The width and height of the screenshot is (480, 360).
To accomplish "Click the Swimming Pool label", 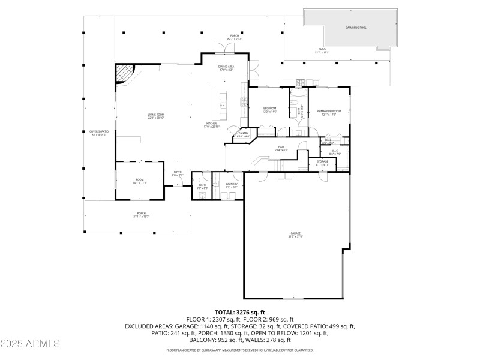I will point(352,28).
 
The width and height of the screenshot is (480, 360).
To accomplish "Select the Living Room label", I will point(157,116).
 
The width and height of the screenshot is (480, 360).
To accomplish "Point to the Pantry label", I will point(244,134).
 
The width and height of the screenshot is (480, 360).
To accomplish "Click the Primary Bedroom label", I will point(329,112).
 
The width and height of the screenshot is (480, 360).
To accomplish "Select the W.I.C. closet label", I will point(335,152).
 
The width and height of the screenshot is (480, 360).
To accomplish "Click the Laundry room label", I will point(232,185).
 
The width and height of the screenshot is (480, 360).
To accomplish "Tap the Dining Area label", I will point(226,68).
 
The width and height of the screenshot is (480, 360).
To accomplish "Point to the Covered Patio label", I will point(100,133).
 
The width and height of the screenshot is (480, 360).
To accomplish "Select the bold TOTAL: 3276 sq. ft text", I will point(240,313).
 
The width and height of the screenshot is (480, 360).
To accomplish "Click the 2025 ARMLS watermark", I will point(30,344).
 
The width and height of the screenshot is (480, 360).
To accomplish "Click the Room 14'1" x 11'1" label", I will point(139,181).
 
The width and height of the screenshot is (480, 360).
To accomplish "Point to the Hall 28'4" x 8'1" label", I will point(282,149).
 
